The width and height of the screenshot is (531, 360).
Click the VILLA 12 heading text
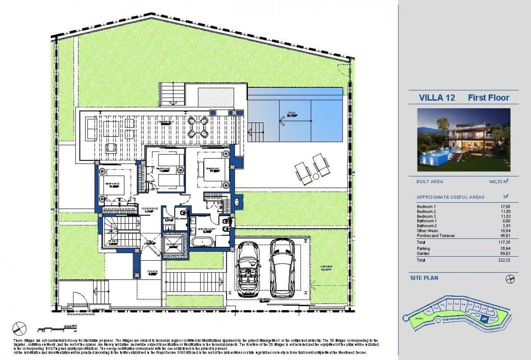point(437,98)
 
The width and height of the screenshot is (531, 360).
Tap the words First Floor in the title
point(488,98)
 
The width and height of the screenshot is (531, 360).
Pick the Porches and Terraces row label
point(436,236)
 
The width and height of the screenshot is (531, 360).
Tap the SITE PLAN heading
point(424,278)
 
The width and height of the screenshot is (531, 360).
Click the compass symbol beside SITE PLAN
point(510,279)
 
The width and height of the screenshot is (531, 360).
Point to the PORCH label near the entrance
point(152,272)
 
